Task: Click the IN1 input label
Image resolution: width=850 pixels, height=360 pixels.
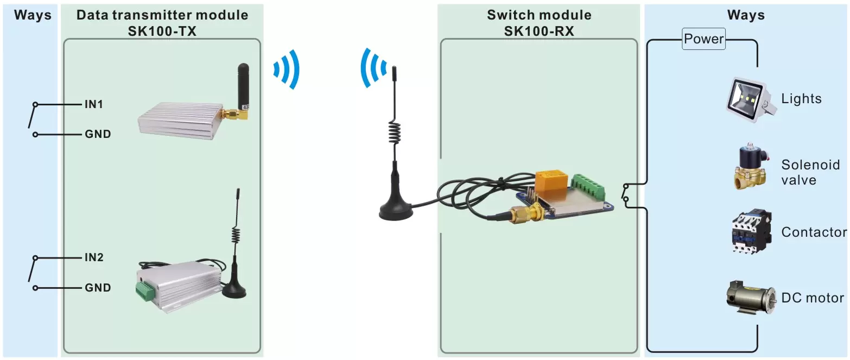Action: point(94,104)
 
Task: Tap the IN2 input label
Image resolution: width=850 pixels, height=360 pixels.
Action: point(94,257)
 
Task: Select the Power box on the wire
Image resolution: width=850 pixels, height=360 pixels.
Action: point(703,40)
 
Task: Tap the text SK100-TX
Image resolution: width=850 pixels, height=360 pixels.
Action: point(162,31)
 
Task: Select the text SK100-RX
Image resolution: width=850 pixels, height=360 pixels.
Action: point(538,31)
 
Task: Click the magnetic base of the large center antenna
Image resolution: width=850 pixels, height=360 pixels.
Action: point(395,210)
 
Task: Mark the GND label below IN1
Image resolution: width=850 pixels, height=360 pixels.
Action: point(98,134)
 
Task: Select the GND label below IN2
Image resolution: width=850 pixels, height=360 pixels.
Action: point(98,288)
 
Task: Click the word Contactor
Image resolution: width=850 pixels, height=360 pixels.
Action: point(814,232)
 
